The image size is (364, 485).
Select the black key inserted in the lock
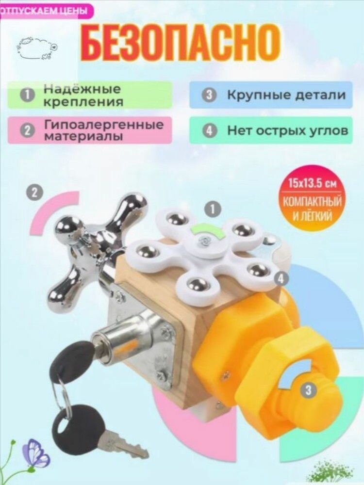point(74,359)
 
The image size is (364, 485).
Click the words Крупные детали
point(286,95)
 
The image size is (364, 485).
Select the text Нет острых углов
point(288,131)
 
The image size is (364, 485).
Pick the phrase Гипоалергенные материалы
point(104,130)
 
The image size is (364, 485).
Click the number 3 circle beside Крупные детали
point(209,95)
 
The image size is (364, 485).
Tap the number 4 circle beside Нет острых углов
point(209,131)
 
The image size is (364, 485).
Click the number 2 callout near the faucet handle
point(35,193)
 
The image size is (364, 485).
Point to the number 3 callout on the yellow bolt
point(308,390)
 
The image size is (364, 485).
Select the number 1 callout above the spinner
point(213,210)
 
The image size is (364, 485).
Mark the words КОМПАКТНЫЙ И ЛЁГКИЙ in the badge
point(312,209)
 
